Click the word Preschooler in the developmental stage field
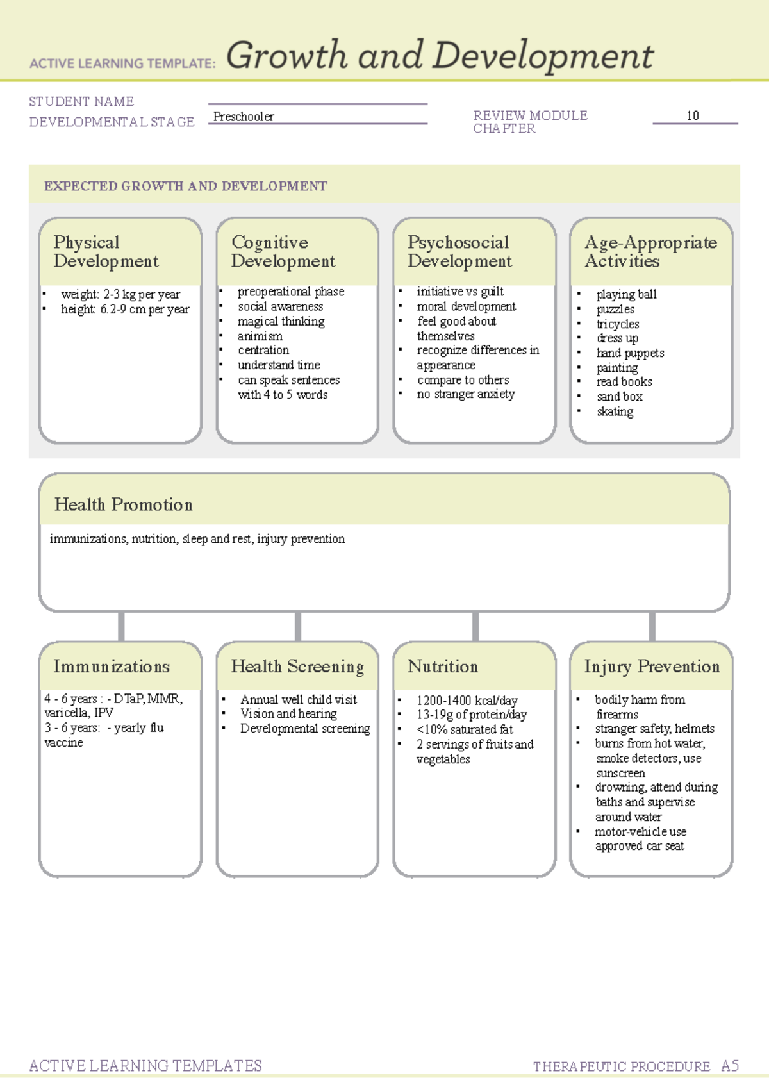pyautogui.click(x=244, y=117)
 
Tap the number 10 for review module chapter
pyautogui.click(x=693, y=115)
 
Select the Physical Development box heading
pyautogui.click(x=106, y=252)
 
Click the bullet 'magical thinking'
pyautogui.click(x=281, y=321)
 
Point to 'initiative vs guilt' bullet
pyautogui.click(x=460, y=292)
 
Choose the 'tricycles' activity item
pyautogui.click(x=618, y=324)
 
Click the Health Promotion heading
pyautogui.click(x=123, y=504)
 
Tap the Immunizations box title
pyautogui.click(x=112, y=667)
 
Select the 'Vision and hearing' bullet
pyautogui.click(x=288, y=713)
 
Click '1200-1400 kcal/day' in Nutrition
pyautogui.click(x=467, y=701)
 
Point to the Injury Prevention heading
pyautogui.click(x=652, y=667)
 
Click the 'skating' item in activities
pyautogui.click(x=615, y=411)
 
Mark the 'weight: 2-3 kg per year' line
pyautogui.click(x=120, y=294)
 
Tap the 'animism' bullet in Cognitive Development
pyautogui.click(x=260, y=336)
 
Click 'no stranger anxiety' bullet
pyautogui.click(x=466, y=394)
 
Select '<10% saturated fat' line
pyautogui.click(x=465, y=729)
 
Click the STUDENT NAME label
pyautogui.click(x=81, y=101)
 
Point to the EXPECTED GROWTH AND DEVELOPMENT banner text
pyautogui.click(x=185, y=186)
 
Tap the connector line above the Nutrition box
pyautogui.click(x=475, y=626)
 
